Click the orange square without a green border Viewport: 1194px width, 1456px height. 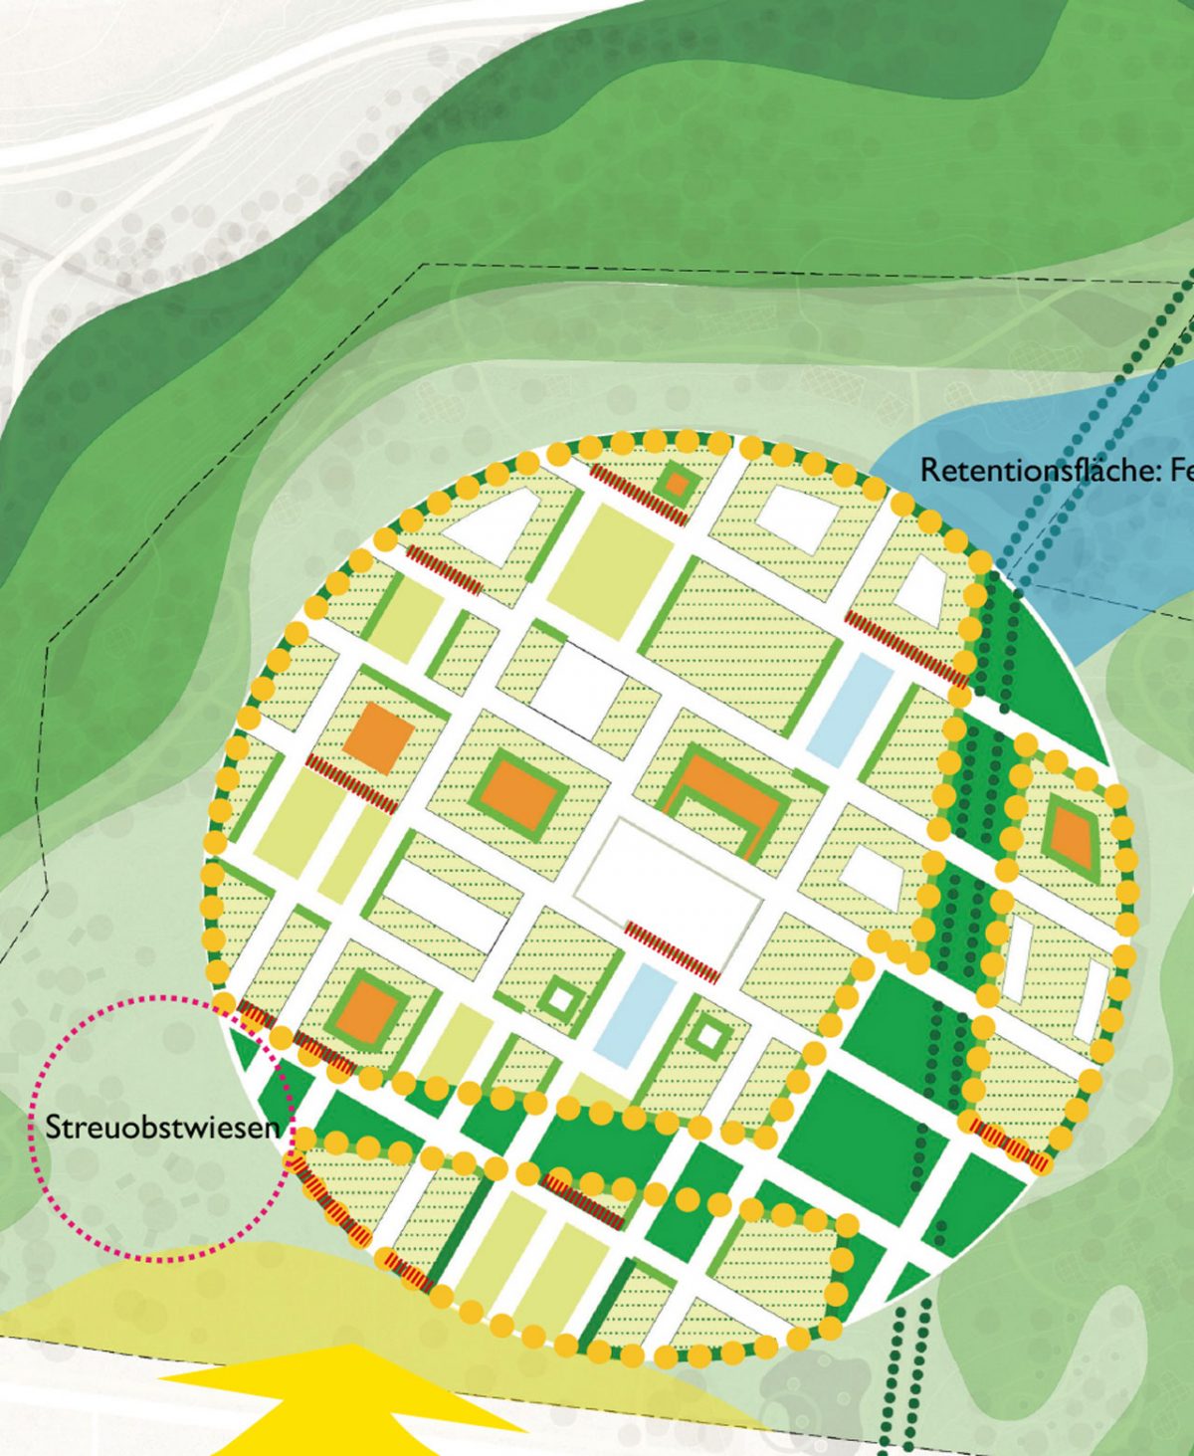(378, 737)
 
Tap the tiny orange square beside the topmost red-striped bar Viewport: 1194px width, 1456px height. (677, 485)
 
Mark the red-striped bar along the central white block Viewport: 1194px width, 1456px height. (672, 952)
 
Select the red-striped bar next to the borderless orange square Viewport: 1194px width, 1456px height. (351, 783)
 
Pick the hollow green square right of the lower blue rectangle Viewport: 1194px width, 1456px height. (708, 1035)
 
